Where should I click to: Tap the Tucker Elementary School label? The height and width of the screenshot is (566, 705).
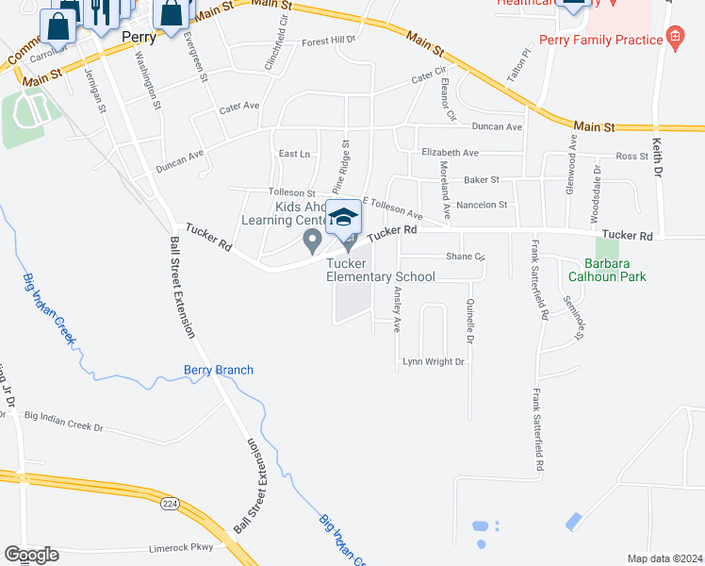(381, 277)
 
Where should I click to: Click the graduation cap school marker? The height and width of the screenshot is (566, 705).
(344, 219)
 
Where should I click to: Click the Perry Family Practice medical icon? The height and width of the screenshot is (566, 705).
(674, 39)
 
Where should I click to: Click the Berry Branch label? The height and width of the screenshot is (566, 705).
(219, 370)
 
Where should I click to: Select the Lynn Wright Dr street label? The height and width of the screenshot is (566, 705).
(434, 362)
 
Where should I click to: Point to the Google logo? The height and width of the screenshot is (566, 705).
(31, 555)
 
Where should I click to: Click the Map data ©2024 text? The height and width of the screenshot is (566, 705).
(664, 558)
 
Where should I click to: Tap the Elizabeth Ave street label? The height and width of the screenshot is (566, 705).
(450, 152)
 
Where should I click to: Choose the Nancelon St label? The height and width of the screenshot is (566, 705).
(481, 205)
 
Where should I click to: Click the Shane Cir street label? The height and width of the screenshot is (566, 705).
(466, 257)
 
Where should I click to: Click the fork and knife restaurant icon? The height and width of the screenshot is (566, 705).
(97, 11)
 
